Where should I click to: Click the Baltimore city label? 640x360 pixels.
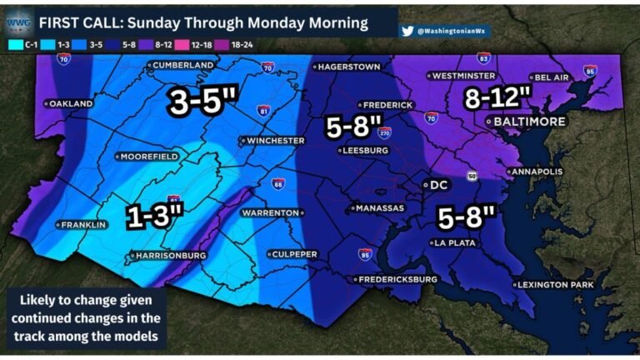click(530, 121)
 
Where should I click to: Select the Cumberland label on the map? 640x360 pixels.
click(183, 64)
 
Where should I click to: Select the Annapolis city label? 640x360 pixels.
click(538, 172)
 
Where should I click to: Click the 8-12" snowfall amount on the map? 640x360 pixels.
click(497, 97)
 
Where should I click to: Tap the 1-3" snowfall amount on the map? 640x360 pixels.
click(154, 216)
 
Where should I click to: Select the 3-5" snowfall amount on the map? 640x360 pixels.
click(203, 102)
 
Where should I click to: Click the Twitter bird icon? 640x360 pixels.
click(407, 31)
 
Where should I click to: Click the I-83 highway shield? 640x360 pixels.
click(484, 58)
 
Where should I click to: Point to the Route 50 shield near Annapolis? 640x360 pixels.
click(472, 176)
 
